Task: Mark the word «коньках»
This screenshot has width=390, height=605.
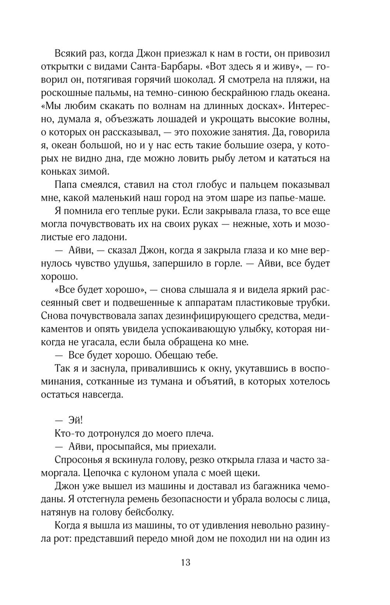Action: (56, 172)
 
